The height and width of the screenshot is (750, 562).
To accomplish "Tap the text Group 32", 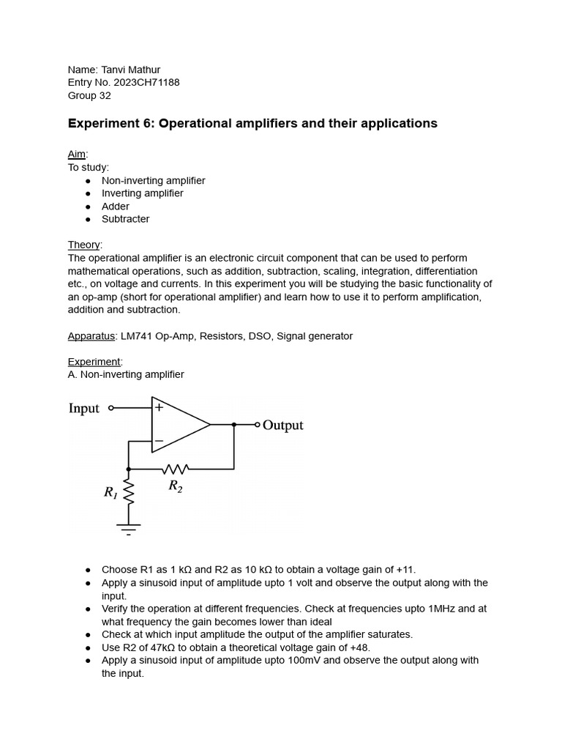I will coord(89,95).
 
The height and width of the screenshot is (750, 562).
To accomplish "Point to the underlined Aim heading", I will coord(77,154).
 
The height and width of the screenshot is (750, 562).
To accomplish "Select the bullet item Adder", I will coord(116,206).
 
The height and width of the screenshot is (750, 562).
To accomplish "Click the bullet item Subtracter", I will coord(125,219).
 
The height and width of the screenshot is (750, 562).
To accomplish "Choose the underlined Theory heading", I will coord(85,245).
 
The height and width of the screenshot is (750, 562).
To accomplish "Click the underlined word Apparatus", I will coord(91,335).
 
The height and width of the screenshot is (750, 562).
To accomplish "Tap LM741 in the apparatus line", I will coord(138,335).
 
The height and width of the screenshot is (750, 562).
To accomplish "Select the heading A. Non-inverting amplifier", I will coord(126,374).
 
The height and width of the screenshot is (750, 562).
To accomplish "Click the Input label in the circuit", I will coord(83,409).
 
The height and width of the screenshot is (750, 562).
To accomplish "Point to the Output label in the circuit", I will coord(282,426).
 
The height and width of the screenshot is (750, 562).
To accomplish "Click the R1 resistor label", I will coord(110,493).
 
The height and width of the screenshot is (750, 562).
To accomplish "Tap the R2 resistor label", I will coord(175,486).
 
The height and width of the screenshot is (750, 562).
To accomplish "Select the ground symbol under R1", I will coord(129,528).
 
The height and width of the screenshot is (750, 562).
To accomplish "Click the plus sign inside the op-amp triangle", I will coord(159,408).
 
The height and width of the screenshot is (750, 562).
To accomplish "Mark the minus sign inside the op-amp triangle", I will coord(159,441).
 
